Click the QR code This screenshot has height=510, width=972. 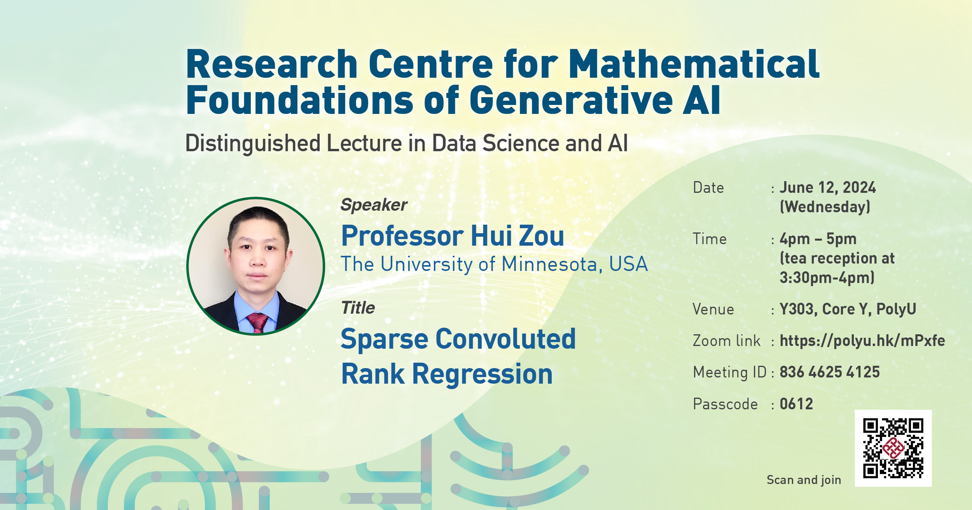click(x=893, y=448)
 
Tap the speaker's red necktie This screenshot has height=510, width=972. click(x=257, y=322)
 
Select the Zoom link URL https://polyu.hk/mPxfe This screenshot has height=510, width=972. click(x=862, y=341)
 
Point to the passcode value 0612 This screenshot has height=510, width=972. click(x=796, y=404)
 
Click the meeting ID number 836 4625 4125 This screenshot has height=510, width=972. click(x=829, y=372)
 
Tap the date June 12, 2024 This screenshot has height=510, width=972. click(x=827, y=188)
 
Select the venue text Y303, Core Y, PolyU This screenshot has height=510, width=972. click(x=848, y=309)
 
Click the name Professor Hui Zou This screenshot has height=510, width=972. click(x=452, y=236)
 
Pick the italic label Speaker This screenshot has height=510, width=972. click(x=374, y=205)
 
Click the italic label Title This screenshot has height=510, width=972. click(x=358, y=308)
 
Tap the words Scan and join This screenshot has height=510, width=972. click(x=804, y=480)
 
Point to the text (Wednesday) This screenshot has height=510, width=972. click(x=825, y=207)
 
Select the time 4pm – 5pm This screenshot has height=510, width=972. click(x=818, y=239)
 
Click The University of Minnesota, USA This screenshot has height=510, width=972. click(x=494, y=264)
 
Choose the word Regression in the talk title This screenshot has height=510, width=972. click(x=482, y=374)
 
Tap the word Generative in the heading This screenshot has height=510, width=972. click(x=571, y=100)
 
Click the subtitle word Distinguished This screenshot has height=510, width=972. click(x=253, y=143)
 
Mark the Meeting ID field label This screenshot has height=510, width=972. click(x=729, y=372)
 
